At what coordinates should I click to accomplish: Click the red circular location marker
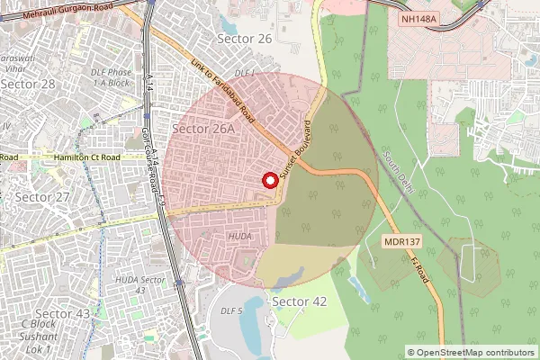click(269, 179)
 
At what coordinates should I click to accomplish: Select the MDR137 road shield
click(401, 241)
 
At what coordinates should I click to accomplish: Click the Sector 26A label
click(202, 129)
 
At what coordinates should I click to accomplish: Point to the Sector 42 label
click(299, 301)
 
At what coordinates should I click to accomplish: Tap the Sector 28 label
click(28, 84)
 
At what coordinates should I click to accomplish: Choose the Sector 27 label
click(43, 197)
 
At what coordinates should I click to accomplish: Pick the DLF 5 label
click(232, 311)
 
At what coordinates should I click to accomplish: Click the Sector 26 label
click(245, 39)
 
